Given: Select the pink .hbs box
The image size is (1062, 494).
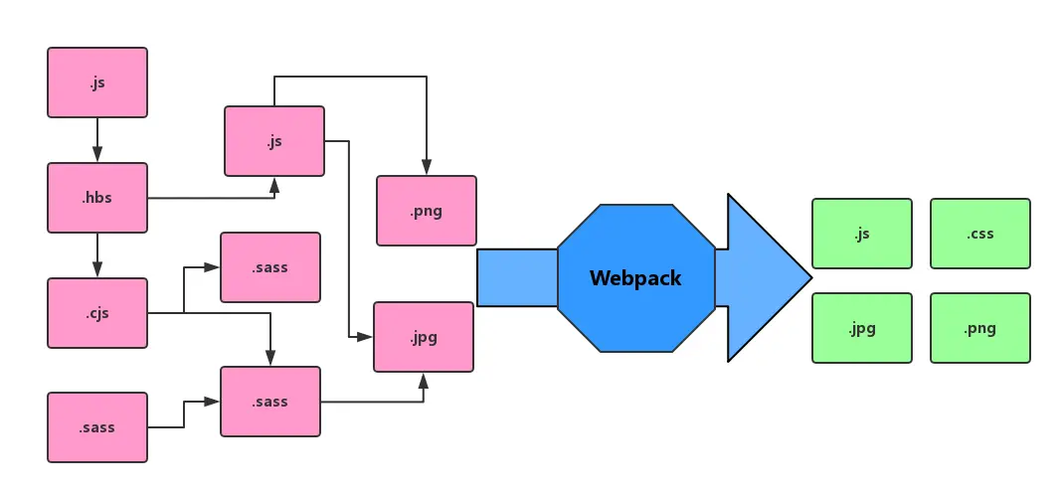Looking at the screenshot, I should (x=97, y=198).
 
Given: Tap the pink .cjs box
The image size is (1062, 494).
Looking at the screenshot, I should (x=97, y=313).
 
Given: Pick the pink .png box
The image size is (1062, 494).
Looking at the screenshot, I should (x=427, y=211).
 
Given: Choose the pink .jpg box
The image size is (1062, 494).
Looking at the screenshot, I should (x=424, y=337).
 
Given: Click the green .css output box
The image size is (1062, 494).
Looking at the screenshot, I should (x=980, y=234).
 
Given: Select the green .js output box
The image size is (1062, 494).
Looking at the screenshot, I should (x=862, y=234).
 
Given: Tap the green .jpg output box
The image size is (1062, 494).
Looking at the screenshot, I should (x=862, y=328).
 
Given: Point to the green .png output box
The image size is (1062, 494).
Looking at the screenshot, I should (x=980, y=328).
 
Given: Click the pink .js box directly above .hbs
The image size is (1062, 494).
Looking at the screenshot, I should (x=97, y=82).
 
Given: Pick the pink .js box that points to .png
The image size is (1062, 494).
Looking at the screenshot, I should (x=274, y=141).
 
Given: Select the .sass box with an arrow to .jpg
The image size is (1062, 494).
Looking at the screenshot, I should (x=270, y=402).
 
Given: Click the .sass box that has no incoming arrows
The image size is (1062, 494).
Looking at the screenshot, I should (x=97, y=427).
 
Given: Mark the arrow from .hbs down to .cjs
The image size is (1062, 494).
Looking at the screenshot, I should (x=97, y=255).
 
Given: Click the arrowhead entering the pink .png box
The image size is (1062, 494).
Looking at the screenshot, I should (x=427, y=168).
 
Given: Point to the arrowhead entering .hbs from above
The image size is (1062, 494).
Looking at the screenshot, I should (x=97, y=155).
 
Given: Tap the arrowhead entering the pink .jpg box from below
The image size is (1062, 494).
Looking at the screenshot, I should (x=424, y=380).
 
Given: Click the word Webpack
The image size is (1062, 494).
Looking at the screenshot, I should (x=635, y=278).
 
